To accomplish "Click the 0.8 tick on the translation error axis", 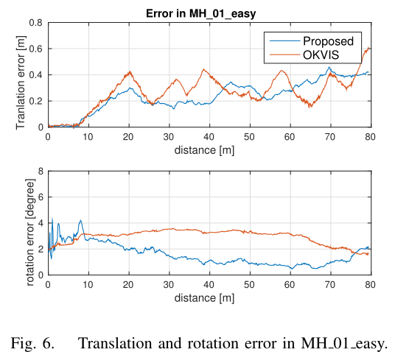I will (x=36, y=23).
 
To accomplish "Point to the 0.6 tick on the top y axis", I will (x=36, y=49).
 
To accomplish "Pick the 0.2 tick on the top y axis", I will (x=36, y=101).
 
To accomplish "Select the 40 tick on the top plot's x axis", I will (x=209, y=137).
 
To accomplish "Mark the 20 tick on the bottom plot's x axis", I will (x=129, y=284).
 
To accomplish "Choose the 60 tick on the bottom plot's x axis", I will (x=290, y=284).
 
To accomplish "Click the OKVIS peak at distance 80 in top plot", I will (x=368, y=48).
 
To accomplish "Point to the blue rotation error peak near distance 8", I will (x=80, y=220).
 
